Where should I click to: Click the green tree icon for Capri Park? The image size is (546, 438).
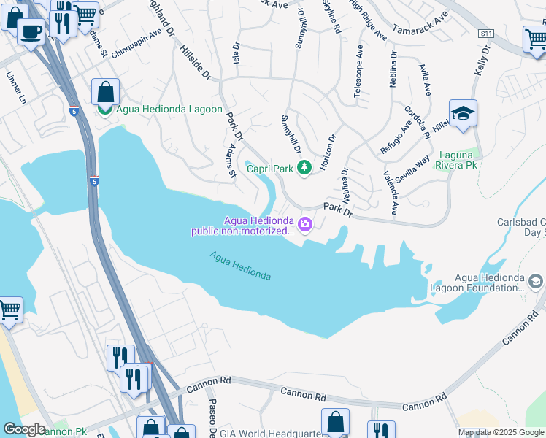(x=304, y=169)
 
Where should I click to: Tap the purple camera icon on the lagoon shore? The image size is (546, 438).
(x=304, y=224)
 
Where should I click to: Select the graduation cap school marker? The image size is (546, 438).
(x=463, y=114)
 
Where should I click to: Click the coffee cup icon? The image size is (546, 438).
(x=31, y=31)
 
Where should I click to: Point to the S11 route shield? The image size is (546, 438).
(x=486, y=34)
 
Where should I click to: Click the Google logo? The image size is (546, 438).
(x=24, y=429)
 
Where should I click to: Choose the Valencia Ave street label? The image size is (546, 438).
(x=390, y=192)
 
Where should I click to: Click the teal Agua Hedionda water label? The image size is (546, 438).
(x=240, y=266)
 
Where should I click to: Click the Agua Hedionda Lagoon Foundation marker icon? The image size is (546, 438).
(x=536, y=281)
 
